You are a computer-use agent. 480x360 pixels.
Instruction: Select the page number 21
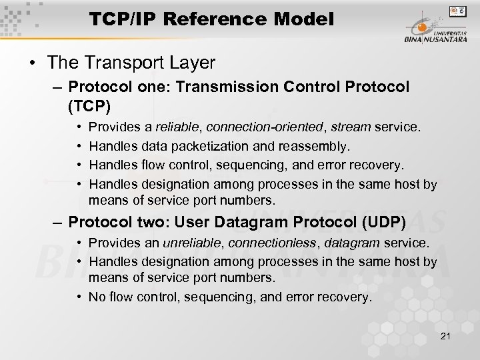tap(445, 335)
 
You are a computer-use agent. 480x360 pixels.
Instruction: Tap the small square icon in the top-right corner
tap(457, 11)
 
